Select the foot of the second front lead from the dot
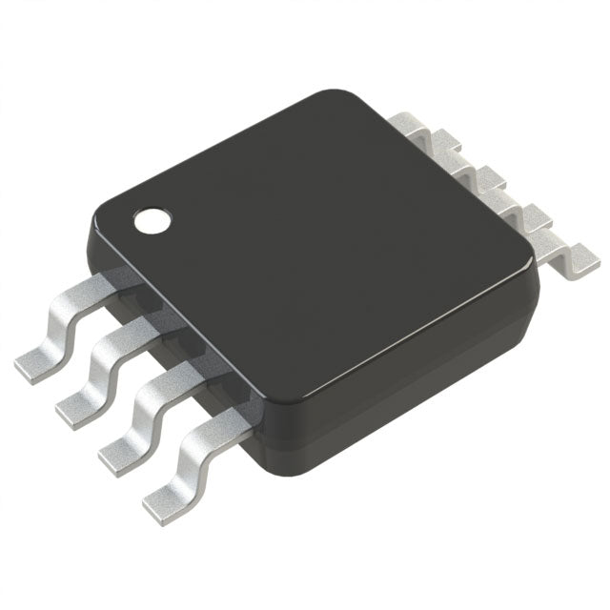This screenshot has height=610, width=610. pyautogui.click(x=78, y=406)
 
